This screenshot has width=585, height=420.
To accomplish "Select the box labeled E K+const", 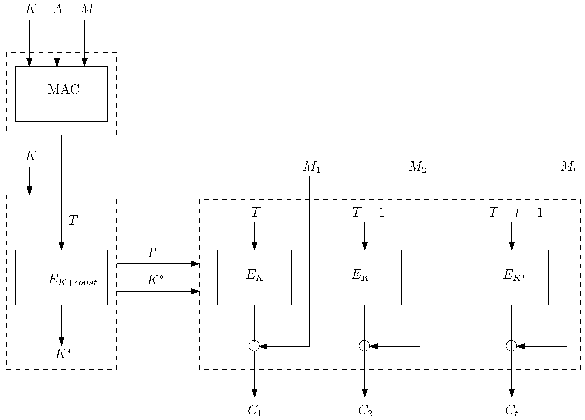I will [61, 277].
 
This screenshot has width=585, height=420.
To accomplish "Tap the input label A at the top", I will [58, 9].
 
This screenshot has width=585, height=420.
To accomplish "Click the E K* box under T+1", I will [364, 277].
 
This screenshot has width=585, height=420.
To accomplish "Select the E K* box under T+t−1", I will [511, 277].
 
